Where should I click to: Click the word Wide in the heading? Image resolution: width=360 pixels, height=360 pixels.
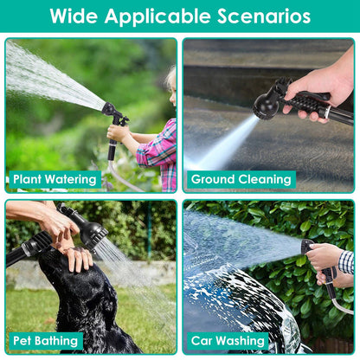(74, 16)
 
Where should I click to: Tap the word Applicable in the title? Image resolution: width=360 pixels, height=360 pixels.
(157, 17)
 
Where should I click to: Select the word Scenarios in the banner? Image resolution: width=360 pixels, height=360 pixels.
(264, 16)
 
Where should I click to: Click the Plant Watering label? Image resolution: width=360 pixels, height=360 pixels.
(55, 179)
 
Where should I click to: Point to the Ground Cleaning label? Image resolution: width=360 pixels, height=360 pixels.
(241, 179)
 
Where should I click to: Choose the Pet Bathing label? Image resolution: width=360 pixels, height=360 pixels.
(46, 341)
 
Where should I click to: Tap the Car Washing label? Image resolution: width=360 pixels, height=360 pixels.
(228, 341)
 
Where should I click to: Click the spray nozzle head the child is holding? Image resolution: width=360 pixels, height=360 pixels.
(109, 109)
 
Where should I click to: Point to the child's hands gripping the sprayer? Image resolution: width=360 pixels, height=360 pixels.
(118, 132)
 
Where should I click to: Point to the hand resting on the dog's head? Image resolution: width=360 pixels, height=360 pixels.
(77, 257)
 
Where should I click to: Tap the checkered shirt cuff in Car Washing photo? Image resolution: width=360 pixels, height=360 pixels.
(346, 262)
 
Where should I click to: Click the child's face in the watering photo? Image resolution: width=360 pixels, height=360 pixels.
(173, 95)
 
